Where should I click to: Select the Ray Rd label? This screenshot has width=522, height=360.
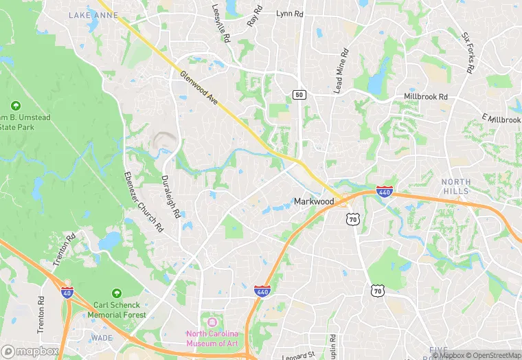255,15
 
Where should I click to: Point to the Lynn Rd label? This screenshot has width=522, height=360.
289,13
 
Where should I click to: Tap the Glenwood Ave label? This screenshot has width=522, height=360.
199,89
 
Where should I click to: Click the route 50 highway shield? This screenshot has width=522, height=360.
298,95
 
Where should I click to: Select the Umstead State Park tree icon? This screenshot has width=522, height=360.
16,106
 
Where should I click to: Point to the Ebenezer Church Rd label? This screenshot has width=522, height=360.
144,200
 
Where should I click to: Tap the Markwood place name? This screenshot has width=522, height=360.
313,201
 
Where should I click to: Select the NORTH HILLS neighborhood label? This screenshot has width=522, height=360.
456,187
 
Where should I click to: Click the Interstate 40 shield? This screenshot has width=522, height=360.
67,291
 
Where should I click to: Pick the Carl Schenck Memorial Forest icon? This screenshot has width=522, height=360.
116,292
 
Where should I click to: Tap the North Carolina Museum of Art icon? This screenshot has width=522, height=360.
211,322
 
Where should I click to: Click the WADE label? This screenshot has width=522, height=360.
101,338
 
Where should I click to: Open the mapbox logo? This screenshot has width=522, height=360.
30,351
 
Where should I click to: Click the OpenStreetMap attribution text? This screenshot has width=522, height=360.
493,355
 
